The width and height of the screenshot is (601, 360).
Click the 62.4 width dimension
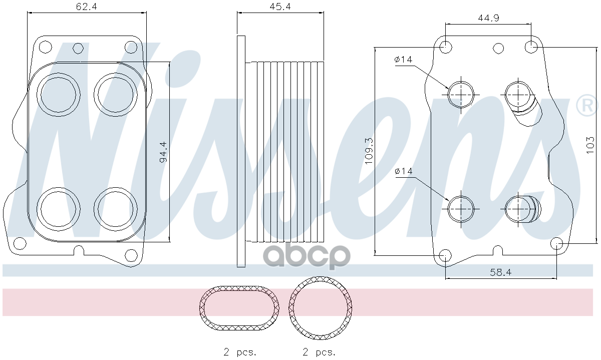tap(86, 7)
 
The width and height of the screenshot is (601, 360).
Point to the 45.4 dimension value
tap(280, 7)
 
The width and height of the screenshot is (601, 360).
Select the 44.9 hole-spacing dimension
tap(488, 18)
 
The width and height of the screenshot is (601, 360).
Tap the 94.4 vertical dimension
tap(163, 152)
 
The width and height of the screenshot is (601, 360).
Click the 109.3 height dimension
tap(369, 151)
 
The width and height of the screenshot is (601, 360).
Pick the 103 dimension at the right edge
tap(590, 145)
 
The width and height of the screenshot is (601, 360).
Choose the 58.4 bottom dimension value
tap(501, 272)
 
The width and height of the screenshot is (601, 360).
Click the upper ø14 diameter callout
tap(403, 59)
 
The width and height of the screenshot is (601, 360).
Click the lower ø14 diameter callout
tap(404, 171)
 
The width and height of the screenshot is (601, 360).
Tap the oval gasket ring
tap(239, 288)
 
